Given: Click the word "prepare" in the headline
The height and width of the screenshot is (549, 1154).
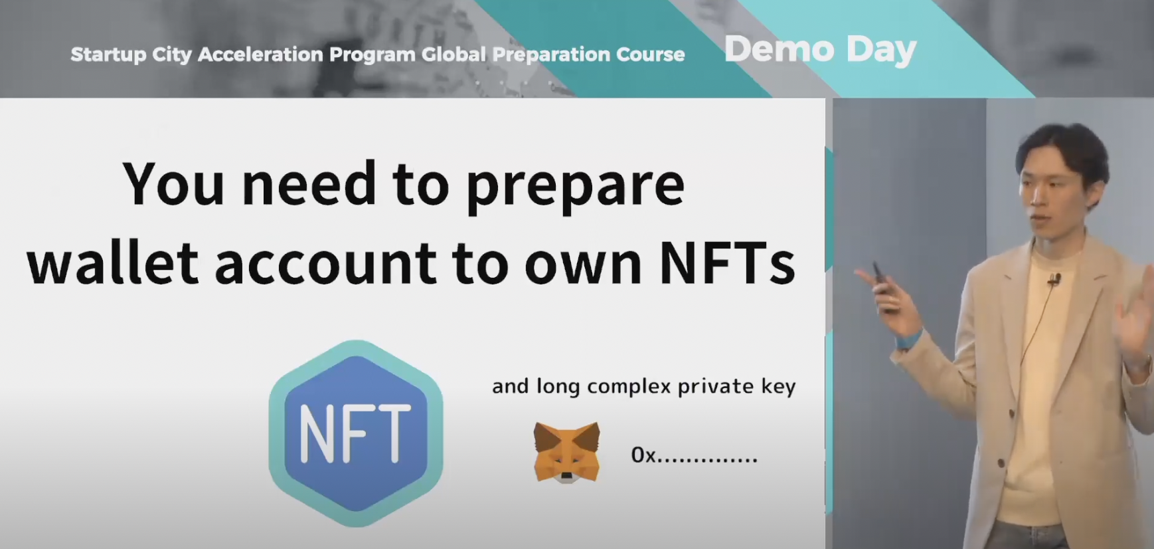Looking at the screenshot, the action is pos(575,187).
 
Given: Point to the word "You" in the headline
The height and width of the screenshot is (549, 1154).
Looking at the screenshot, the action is pos(173,184).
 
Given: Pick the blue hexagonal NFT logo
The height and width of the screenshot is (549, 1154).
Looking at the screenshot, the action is pos(356,433).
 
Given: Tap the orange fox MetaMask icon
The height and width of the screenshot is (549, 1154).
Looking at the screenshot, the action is pos(566,451).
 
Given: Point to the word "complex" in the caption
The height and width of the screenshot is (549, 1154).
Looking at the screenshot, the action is pos(629,387).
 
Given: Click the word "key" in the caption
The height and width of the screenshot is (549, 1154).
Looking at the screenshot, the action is pos(778,387).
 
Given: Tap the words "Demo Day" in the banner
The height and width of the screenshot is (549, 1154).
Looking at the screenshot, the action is pos(820,50).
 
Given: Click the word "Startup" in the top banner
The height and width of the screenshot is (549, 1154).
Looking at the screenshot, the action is pos(108,55).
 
